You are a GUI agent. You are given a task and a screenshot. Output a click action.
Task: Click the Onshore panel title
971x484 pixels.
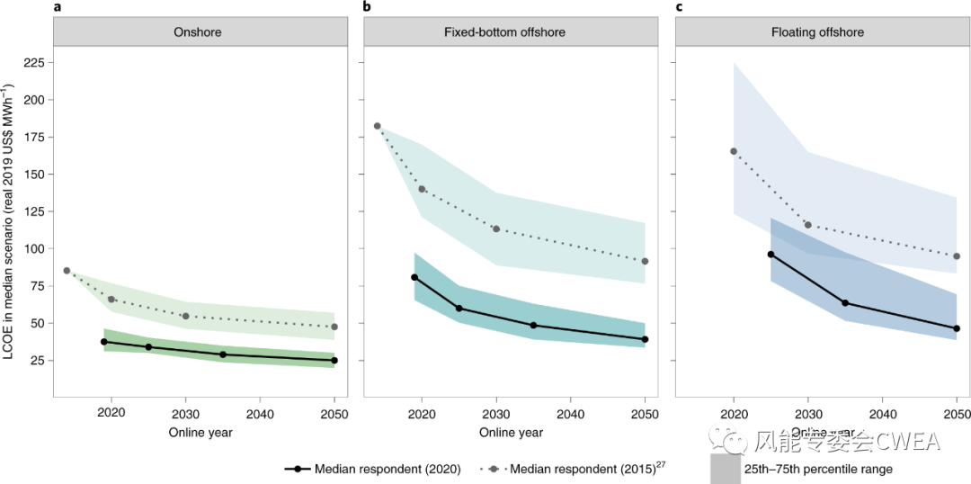(197, 32)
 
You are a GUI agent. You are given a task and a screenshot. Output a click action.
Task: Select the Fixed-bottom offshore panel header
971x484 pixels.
(504, 32)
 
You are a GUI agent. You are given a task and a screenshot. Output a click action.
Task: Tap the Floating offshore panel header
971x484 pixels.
(816, 32)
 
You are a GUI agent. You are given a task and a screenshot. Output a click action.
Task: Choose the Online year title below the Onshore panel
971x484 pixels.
(200, 433)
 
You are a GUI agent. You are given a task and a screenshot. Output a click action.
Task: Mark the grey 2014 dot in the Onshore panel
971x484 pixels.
(67, 271)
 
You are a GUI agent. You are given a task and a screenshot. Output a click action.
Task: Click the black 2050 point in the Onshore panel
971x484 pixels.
(334, 361)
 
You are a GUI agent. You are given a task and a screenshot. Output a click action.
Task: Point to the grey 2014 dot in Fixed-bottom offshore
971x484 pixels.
(378, 126)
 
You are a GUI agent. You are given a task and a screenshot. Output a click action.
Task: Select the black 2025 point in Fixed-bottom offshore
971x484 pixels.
(459, 309)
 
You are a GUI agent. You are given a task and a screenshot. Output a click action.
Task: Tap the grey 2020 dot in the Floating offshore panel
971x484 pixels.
(734, 151)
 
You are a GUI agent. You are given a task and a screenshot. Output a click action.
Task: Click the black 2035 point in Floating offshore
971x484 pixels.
(845, 303)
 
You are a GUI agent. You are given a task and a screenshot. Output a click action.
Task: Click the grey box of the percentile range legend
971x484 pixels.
(725, 470)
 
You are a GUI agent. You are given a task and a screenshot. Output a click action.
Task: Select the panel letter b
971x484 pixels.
(367, 7)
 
